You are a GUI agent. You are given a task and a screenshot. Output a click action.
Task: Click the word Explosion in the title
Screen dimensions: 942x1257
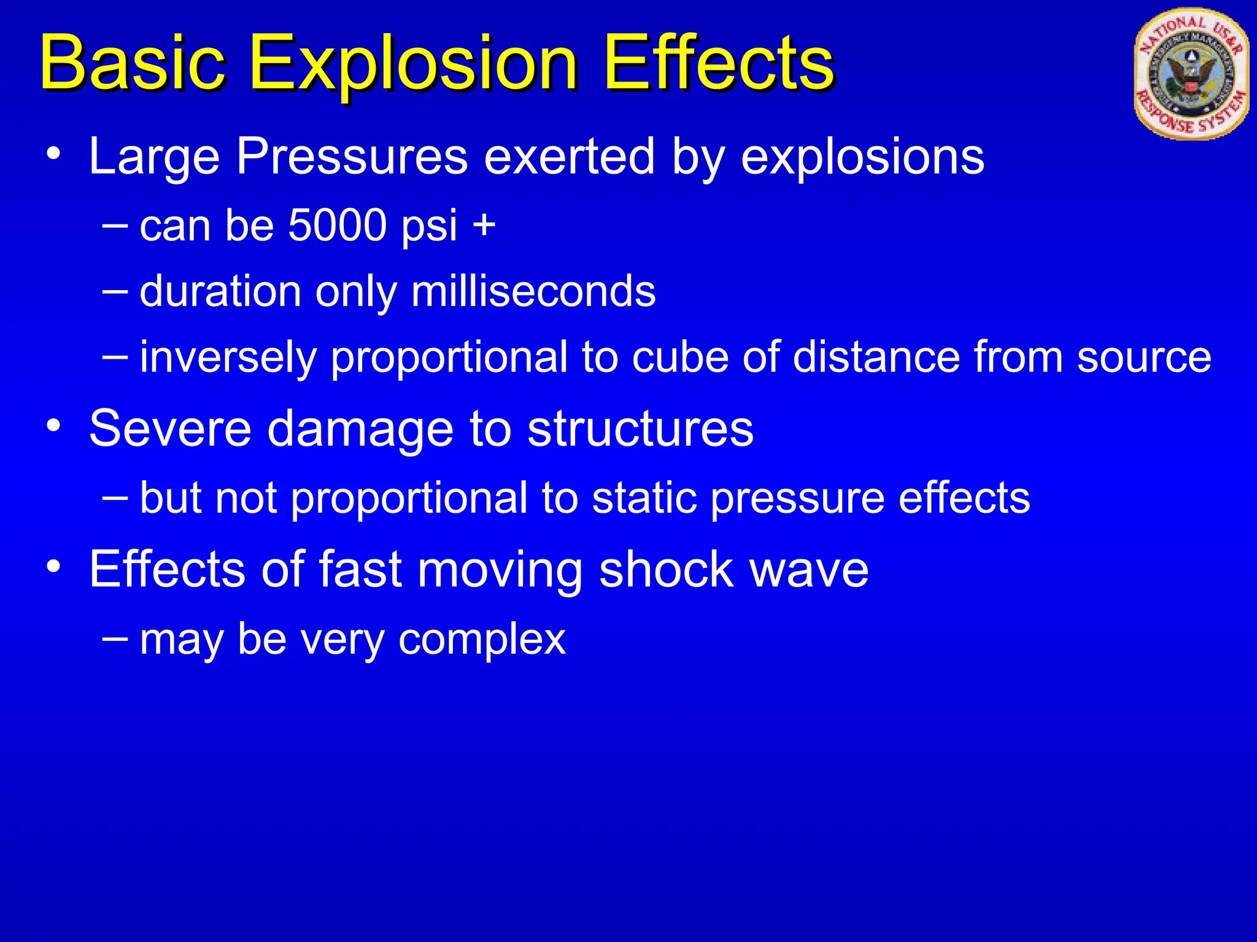pos(413,64)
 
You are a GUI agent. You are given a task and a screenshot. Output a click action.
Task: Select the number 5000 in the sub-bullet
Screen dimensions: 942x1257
pos(338,225)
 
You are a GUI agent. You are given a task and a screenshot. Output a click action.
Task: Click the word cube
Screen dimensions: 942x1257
pos(680,357)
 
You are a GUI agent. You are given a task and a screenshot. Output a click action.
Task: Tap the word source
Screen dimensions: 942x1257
pos(1144,357)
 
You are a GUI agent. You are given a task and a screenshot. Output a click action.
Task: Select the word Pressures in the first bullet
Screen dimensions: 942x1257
pos(352,156)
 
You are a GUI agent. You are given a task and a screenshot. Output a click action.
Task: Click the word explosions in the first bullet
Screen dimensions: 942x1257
pos(862,156)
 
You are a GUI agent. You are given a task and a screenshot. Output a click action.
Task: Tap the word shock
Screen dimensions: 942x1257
pos(666,570)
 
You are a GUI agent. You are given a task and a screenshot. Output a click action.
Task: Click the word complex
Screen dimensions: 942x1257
pos(482,639)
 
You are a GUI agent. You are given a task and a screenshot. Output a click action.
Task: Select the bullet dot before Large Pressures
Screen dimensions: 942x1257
pos(54,153)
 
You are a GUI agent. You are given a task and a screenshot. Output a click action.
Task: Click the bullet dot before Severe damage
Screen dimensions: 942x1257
pos(54,426)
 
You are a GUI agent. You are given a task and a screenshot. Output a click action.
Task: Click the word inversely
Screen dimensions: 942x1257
pos(228,357)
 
